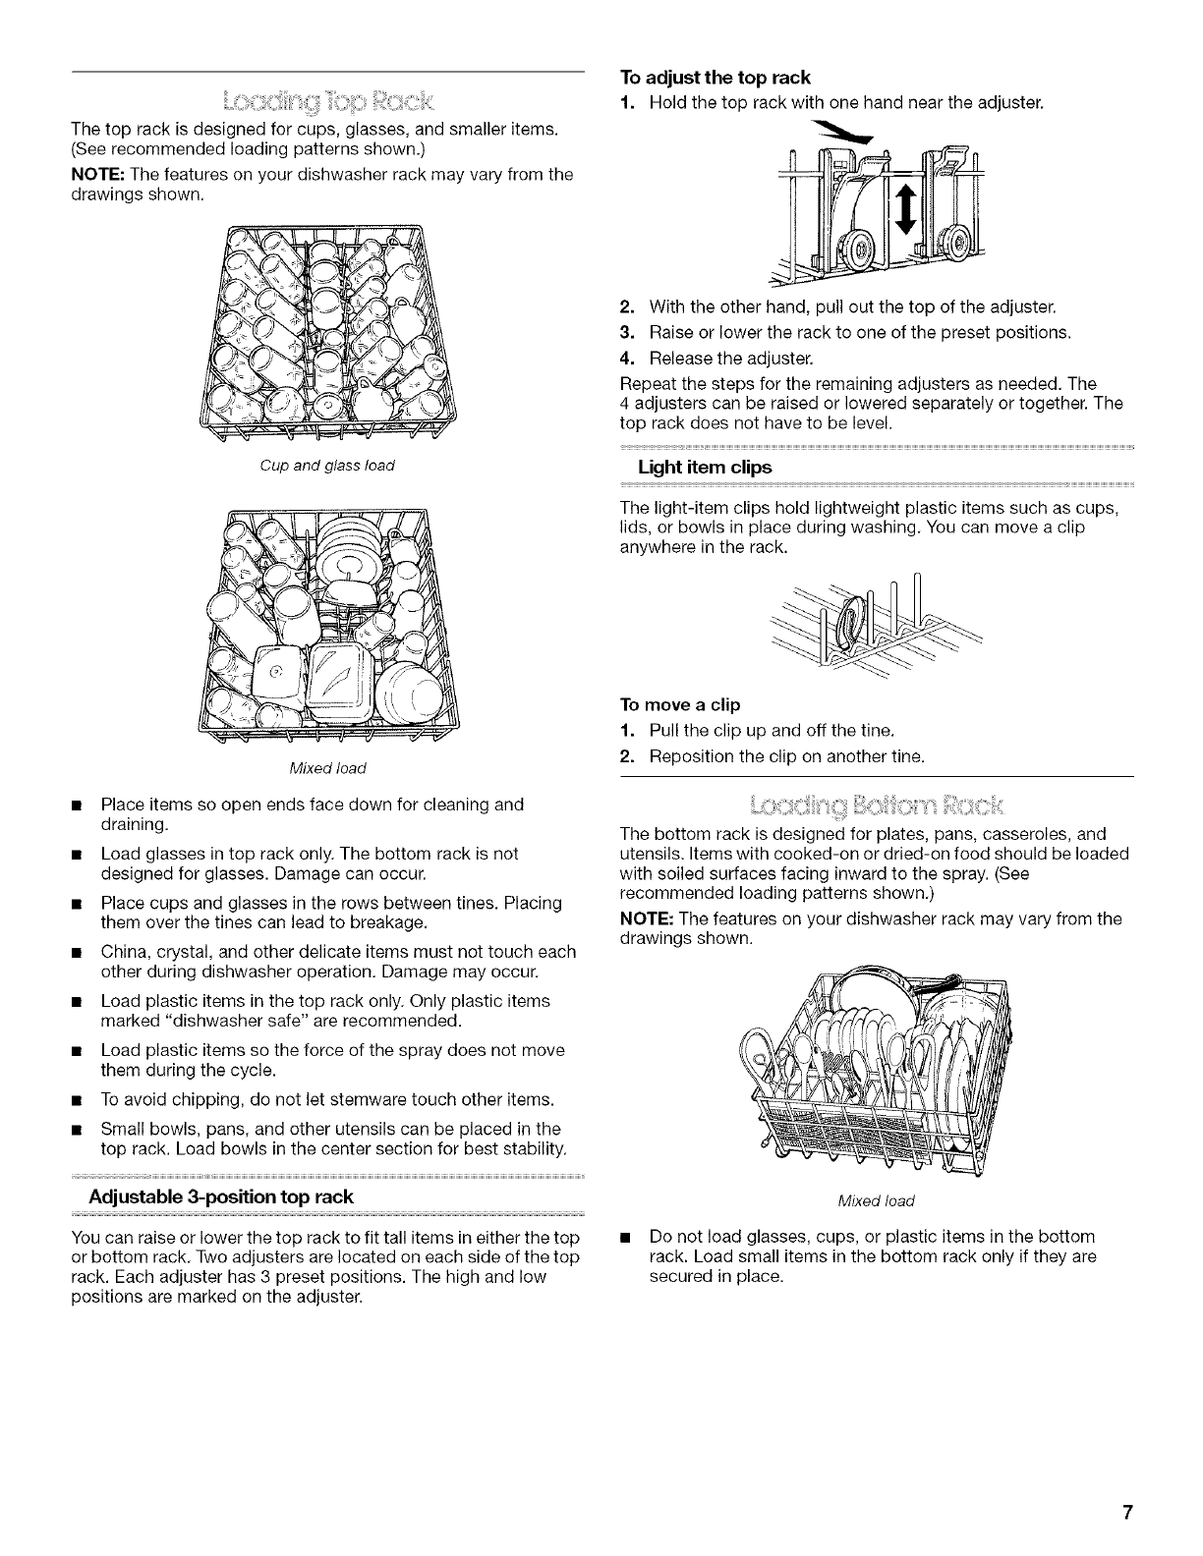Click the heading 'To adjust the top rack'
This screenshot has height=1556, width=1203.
coord(716,78)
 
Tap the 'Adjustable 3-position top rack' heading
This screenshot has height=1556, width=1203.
coord(220,1197)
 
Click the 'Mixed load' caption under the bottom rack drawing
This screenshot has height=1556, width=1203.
coord(877,1200)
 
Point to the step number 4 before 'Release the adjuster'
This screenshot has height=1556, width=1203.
coord(626,356)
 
